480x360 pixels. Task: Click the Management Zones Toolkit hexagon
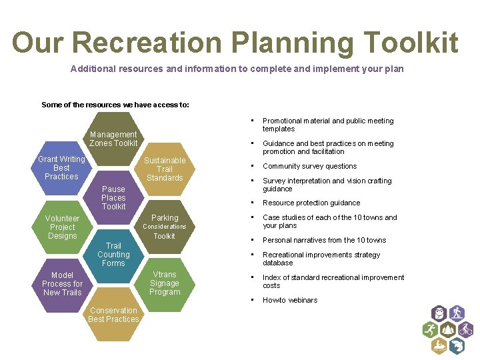[113, 139]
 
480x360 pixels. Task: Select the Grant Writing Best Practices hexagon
[61, 168]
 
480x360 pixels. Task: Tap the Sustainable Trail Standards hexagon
[165, 169]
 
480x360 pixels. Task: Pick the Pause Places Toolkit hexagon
[113, 197]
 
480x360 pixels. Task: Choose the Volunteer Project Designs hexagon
[62, 227]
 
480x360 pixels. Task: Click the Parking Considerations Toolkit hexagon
[165, 227]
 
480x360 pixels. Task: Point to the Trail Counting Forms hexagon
[113, 255]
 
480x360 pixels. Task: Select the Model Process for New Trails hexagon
[62, 284]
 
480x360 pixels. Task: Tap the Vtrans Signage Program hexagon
[165, 283]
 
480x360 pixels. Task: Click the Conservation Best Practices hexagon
[113, 315]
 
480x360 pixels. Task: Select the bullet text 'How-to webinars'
[290, 300]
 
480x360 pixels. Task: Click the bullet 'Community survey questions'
[309, 166]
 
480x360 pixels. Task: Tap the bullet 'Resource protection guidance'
[311, 203]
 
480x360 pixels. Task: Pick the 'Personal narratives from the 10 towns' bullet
[324, 240]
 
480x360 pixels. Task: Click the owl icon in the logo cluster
[439, 313]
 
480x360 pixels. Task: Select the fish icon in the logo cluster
[457, 346]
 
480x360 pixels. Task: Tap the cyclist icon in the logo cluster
[465, 329]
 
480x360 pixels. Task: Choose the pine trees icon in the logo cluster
[448, 329]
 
